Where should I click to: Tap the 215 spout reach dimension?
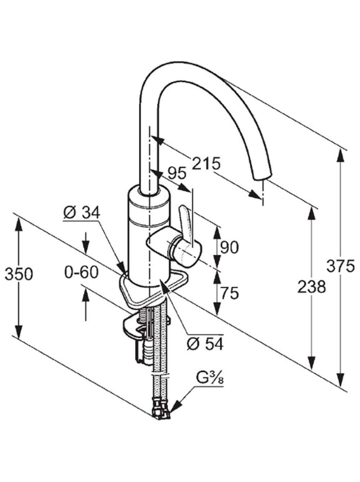coord(206,164)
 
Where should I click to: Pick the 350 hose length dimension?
coord(19,274)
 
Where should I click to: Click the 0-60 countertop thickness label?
coord(81,273)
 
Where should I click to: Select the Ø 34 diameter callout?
coord(81,212)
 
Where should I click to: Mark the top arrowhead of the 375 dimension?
coord(341,155)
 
